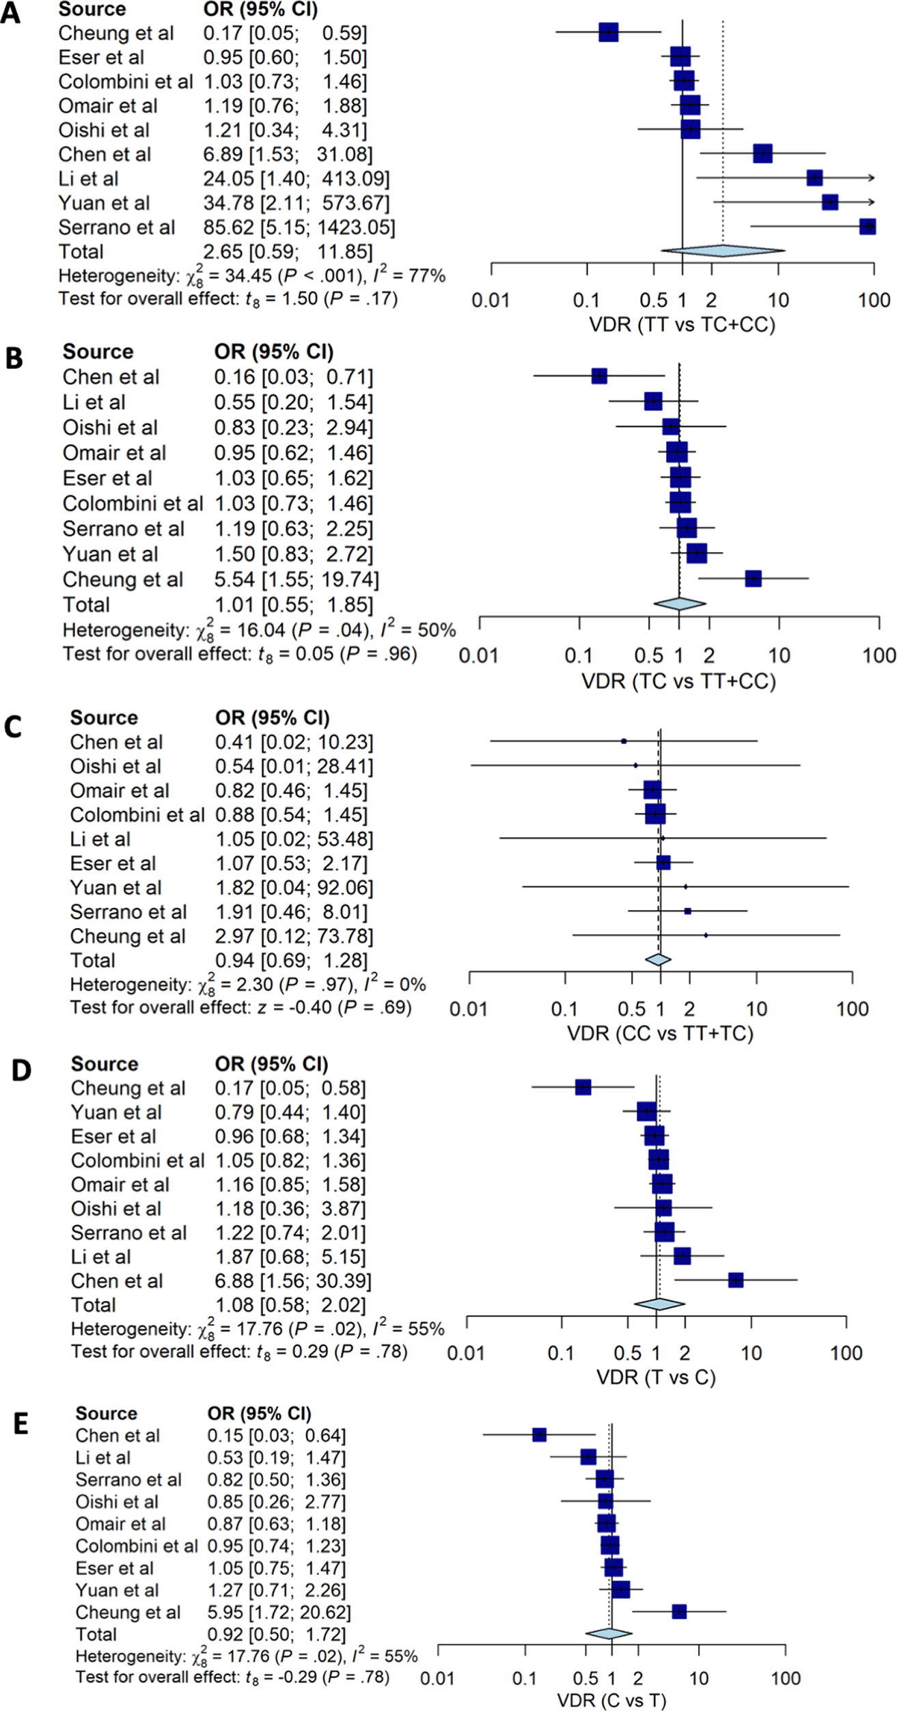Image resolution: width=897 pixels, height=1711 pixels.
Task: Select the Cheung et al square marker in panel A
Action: pos(608,32)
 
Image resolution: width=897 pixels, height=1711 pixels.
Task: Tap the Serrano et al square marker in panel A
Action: pos(867,227)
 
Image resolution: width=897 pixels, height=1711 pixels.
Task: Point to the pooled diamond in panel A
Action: pos(723,251)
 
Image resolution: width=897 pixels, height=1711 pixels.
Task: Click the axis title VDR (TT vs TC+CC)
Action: pos(682,324)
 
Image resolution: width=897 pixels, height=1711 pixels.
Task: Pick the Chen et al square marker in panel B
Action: pos(599,376)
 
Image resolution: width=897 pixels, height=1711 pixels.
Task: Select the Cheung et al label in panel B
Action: pos(123,579)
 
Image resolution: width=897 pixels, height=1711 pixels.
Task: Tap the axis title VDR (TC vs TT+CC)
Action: pos(678,681)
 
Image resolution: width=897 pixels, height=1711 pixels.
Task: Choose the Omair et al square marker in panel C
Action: pos(652,790)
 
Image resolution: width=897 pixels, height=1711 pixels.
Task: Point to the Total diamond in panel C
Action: pos(658,959)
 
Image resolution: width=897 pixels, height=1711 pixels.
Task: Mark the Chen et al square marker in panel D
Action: pos(735,1280)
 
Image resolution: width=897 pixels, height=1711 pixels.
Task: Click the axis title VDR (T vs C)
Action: pos(656,1377)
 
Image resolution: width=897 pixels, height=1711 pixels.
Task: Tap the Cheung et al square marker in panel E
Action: pos(678,1612)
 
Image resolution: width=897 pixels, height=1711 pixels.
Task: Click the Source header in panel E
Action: pos(106,1413)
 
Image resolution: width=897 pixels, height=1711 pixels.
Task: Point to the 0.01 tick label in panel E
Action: pos(437,1678)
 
